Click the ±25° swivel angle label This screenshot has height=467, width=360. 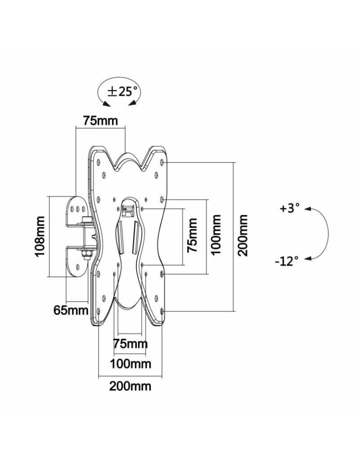[123, 92]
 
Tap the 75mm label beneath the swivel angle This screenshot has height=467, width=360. [100, 120]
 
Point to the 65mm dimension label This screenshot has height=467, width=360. [71, 310]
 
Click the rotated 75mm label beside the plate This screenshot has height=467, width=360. [192, 235]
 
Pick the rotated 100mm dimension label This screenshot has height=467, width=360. [216, 235]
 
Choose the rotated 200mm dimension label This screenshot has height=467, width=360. [242, 235]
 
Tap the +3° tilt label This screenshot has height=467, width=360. [289, 208]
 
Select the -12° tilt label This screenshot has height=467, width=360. [286, 261]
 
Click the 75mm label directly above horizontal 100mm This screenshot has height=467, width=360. [130, 345]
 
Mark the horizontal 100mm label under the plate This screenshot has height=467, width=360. [130, 363]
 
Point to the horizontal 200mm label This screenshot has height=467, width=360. [130, 387]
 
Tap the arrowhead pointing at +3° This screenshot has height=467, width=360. [307, 210]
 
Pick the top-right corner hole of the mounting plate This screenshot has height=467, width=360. [162, 163]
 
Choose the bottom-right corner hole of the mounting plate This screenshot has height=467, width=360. [162, 311]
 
